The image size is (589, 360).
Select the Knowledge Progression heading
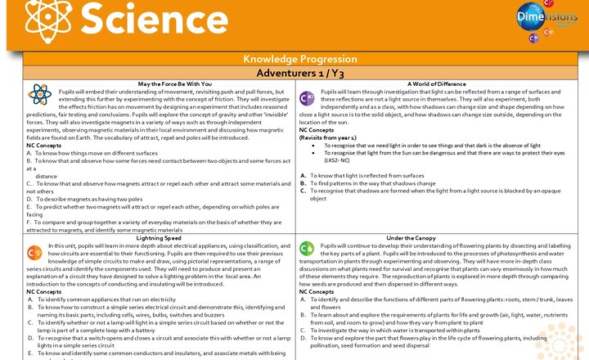pos(294,60)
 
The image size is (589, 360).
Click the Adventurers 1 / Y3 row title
pos(294,73)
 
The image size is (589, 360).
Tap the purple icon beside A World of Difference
pos(308,98)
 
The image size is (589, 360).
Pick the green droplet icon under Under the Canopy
pos(308,249)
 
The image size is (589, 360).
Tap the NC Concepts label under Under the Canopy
pos(317,291)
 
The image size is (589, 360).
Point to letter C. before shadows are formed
pos(303,191)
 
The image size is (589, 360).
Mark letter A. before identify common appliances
pos(30,299)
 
